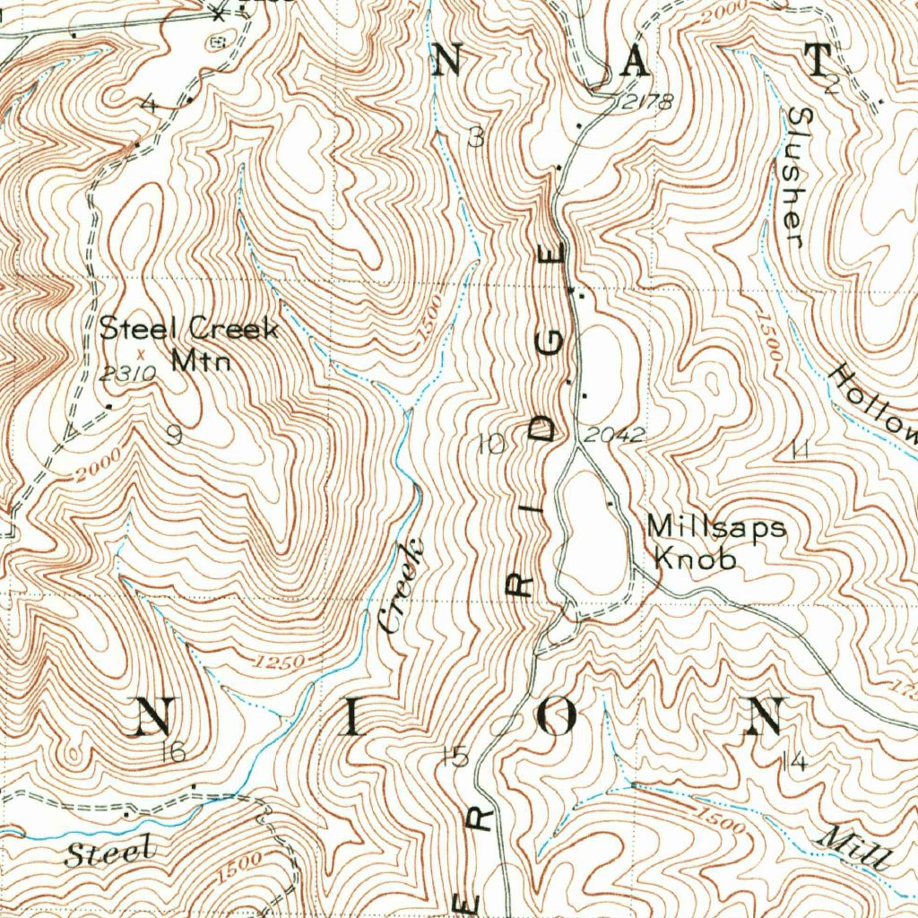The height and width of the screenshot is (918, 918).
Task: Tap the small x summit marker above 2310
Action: [x=139, y=353]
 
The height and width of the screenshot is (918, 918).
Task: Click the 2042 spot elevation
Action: [x=614, y=436]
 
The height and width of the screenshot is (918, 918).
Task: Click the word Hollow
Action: [x=873, y=403]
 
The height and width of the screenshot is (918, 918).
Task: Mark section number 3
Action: [x=476, y=136]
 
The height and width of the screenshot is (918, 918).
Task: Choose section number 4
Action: [x=149, y=105]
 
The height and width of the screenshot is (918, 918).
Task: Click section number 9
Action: [x=174, y=436]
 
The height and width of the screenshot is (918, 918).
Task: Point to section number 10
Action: [x=492, y=443]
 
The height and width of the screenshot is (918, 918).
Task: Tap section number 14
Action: [x=793, y=762]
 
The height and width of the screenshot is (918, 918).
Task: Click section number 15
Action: [x=455, y=758]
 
